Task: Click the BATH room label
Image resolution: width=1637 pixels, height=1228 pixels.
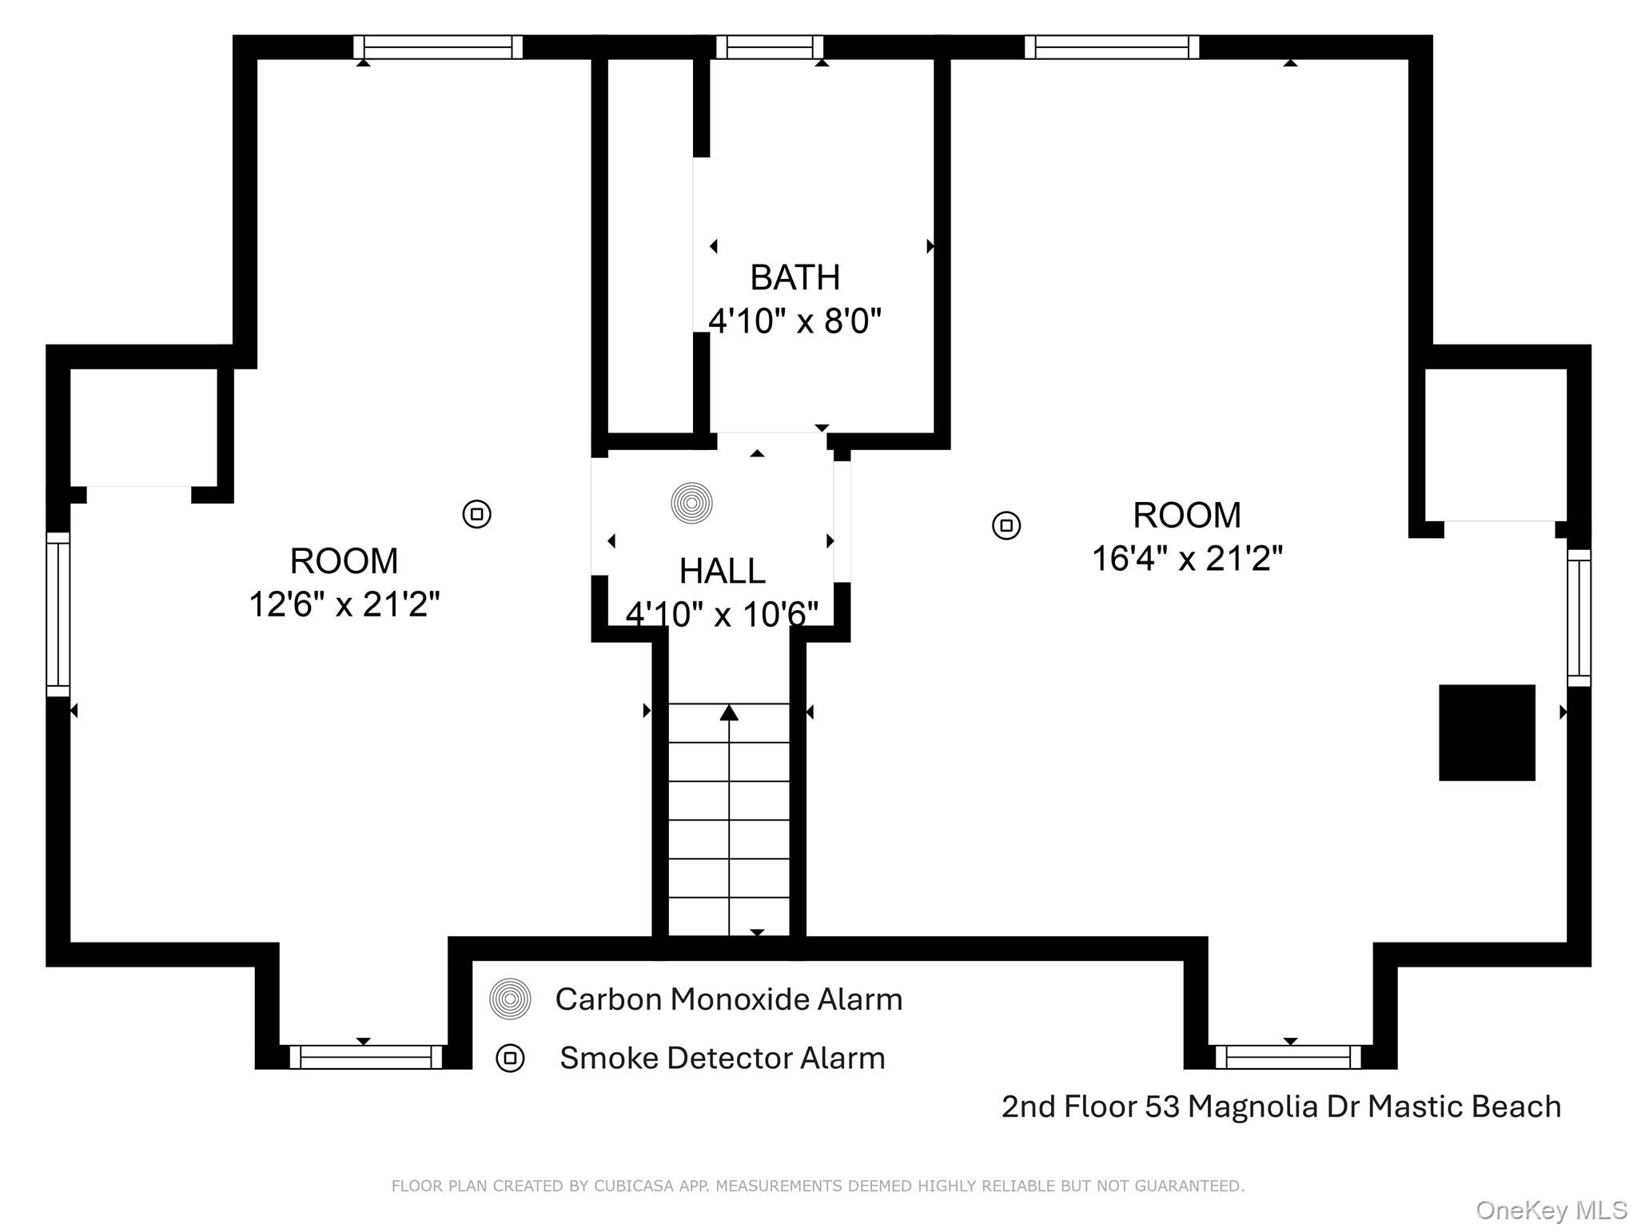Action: click(795, 278)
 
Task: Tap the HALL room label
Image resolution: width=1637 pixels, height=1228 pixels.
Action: click(722, 571)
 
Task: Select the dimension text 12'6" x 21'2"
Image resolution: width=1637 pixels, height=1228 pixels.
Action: click(345, 604)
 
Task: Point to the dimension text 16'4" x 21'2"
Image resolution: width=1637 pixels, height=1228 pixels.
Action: click(1187, 559)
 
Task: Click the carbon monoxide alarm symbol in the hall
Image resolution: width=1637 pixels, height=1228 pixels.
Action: click(691, 503)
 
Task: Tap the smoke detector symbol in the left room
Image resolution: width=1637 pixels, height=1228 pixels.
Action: click(477, 513)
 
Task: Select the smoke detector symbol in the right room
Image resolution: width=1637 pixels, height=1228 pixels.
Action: click(1006, 525)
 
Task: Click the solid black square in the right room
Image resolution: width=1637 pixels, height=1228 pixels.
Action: click(1487, 732)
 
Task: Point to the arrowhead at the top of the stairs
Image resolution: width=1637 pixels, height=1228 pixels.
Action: click(729, 712)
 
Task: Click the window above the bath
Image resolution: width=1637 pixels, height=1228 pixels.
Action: click(769, 47)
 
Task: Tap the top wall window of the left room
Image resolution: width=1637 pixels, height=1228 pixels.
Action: click(438, 47)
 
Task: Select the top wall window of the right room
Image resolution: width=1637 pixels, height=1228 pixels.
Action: click(1112, 47)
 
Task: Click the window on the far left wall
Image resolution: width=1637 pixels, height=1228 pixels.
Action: click(58, 614)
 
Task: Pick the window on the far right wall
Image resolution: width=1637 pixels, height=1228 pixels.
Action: click(1579, 617)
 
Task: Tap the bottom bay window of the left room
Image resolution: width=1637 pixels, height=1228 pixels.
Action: click(365, 1057)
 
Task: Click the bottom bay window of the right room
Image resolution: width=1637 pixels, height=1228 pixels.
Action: click(1288, 1057)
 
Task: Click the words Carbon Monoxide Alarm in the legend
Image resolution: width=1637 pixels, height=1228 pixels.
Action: click(728, 999)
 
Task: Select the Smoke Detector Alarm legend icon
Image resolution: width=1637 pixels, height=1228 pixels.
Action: click(510, 1059)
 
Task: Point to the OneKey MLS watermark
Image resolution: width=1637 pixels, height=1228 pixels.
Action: click(1551, 1210)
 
